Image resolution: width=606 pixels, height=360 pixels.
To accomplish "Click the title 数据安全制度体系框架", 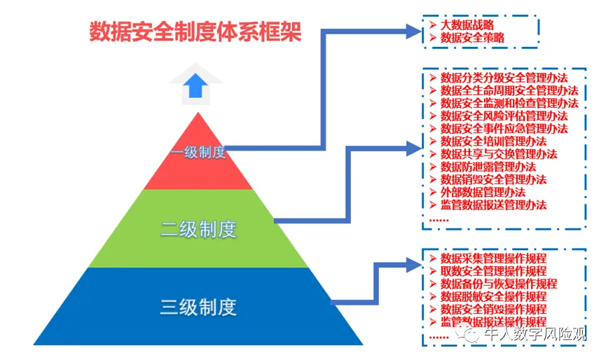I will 195,32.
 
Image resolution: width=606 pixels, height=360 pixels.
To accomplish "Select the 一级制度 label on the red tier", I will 198,152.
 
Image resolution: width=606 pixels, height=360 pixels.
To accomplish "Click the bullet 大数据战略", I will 467,25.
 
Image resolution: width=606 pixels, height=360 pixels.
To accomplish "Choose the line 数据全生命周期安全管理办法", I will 509,90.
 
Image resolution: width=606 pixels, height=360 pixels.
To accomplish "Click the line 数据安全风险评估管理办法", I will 503,116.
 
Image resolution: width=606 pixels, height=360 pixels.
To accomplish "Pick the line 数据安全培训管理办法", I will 493,141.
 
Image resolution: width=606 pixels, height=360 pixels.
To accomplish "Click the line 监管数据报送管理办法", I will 493,205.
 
